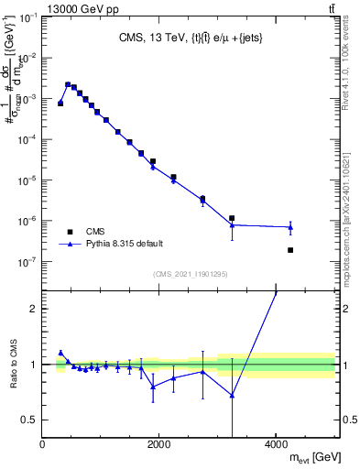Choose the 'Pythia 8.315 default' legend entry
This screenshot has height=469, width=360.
109,244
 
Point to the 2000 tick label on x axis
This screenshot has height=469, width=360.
158,445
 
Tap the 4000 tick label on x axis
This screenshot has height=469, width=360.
276,445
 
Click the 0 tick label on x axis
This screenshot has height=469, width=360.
43,445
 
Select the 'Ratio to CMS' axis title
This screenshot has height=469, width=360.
12,365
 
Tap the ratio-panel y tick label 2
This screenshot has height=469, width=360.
33,309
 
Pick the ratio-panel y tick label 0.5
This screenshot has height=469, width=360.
28,420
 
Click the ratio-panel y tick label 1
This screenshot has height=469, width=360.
33,365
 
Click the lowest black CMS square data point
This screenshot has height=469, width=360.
290,250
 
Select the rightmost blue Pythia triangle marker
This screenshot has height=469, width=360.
290,226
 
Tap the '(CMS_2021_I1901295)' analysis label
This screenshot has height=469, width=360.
190,274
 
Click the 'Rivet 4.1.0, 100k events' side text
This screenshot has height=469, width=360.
345,64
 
